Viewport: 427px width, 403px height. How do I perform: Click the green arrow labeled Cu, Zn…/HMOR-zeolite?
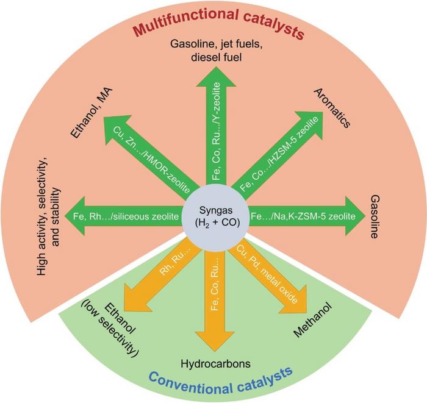tap(155, 155)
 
